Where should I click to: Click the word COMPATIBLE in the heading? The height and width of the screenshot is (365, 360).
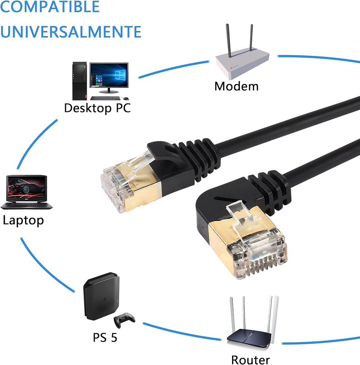point(50,7)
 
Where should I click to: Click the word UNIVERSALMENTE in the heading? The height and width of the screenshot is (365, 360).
point(71,32)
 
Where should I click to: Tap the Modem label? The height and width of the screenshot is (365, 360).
point(236,87)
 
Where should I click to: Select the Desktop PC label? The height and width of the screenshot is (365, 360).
point(97,108)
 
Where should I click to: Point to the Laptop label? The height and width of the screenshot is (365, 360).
point(23,220)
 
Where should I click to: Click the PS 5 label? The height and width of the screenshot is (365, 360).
point(105,338)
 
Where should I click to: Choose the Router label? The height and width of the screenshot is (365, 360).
point(251,360)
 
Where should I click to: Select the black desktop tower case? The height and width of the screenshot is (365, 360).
point(80,81)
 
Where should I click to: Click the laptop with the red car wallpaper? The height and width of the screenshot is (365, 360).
point(26,192)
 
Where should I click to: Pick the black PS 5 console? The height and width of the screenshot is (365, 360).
point(102,296)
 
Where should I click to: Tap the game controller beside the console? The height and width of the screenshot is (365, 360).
point(124,320)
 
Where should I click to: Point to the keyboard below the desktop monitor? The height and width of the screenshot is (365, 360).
point(105,98)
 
